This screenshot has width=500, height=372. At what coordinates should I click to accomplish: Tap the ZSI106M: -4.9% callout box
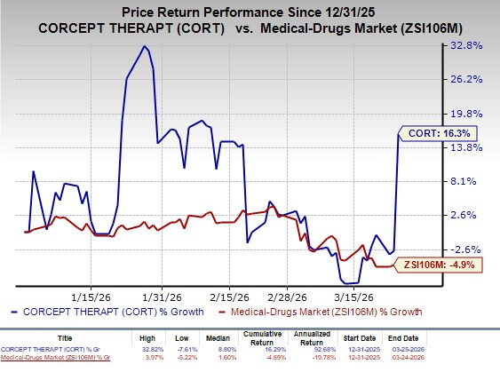[x=433, y=263]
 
